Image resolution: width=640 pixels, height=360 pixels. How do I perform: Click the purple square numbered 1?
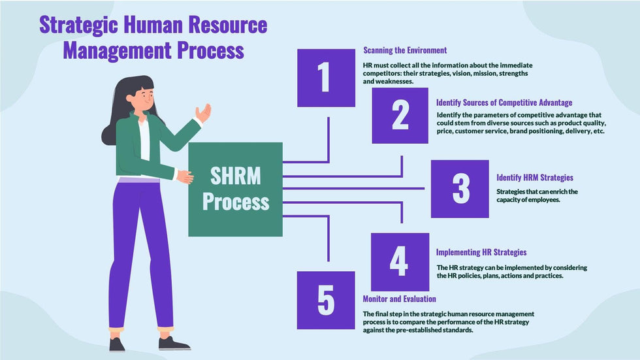pyautogui.click(x=326, y=78)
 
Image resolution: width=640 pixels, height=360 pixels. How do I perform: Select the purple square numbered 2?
pyautogui.click(x=400, y=116)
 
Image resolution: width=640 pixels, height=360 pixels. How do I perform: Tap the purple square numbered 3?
pyautogui.click(x=460, y=189)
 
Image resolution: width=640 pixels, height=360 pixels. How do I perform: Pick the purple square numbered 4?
pyautogui.click(x=400, y=261)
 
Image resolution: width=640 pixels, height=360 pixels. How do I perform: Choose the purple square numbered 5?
pyautogui.click(x=326, y=300)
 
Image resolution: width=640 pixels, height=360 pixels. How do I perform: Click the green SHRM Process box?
pyautogui.click(x=235, y=189)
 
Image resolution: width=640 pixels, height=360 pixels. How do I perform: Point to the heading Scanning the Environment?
pyautogui.click(x=405, y=50)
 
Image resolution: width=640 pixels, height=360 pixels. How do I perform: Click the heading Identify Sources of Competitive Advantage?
pyautogui.click(x=504, y=103)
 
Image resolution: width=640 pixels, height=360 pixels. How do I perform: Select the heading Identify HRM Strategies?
pyautogui.click(x=535, y=177)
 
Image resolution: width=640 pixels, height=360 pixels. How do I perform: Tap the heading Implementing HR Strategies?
pyautogui.click(x=481, y=252)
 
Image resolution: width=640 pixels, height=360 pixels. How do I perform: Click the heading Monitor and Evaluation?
pyautogui.click(x=399, y=299)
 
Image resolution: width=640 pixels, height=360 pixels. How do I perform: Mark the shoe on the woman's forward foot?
pyautogui.click(x=174, y=342)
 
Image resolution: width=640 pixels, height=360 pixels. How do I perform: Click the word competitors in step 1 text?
pyautogui.click(x=383, y=74)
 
